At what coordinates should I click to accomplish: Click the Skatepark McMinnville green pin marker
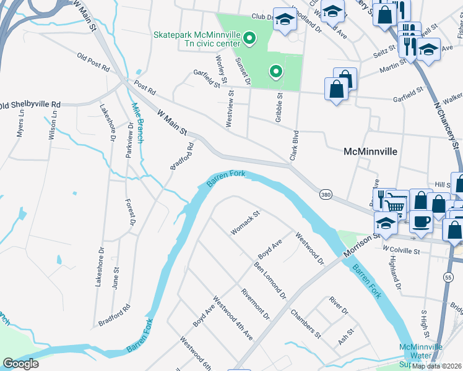(249, 40)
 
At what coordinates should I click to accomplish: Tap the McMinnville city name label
(370, 151)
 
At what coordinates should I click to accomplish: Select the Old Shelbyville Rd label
(31, 104)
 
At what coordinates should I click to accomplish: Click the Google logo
(20, 364)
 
